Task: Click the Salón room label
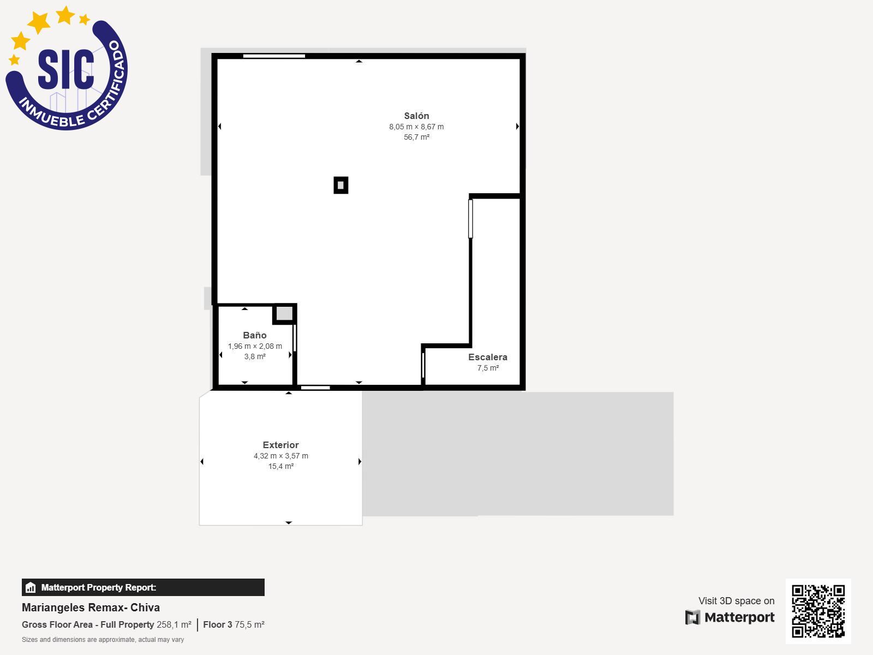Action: click(x=416, y=116)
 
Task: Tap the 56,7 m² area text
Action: click(x=416, y=137)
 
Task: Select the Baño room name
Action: click(x=255, y=335)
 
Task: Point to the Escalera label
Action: click(x=488, y=357)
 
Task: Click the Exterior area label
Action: click(x=281, y=445)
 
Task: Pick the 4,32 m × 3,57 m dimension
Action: click(x=281, y=456)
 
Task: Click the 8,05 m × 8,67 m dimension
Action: click(x=416, y=127)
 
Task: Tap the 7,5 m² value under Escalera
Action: click(x=488, y=368)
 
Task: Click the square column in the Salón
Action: click(x=341, y=186)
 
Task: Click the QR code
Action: click(x=818, y=611)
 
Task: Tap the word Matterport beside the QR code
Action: click(x=739, y=617)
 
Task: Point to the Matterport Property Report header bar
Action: click(x=143, y=587)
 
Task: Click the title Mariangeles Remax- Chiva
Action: click(x=91, y=608)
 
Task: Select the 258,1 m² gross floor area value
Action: click(x=174, y=625)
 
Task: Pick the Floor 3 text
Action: click(x=218, y=625)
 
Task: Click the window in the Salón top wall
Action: click(x=274, y=56)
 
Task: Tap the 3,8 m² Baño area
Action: click(x=255, y=357)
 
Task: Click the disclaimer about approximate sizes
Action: click(x=103, y=640)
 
